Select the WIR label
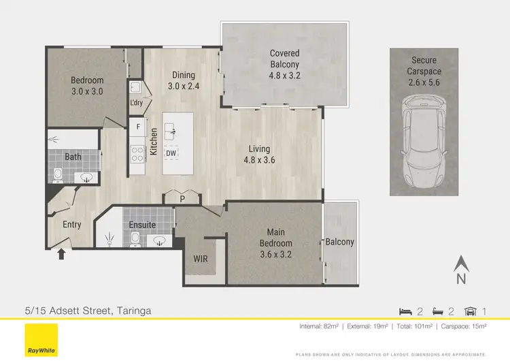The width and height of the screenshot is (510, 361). (201, 260)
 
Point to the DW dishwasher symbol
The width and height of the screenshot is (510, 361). (173, 153)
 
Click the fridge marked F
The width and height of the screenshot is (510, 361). (138, 127)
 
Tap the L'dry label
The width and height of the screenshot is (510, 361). (136, 103)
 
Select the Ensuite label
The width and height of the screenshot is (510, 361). (142, 225)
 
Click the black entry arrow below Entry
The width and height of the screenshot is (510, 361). (62, 254)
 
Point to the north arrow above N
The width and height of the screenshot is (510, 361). (461, 262)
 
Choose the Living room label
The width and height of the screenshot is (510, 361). (258, 148)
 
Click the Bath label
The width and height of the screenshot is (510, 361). (73, 157)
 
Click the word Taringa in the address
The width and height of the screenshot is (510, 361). (130, 311)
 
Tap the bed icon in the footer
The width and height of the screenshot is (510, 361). (405, 311)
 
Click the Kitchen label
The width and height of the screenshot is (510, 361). (154, 142)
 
